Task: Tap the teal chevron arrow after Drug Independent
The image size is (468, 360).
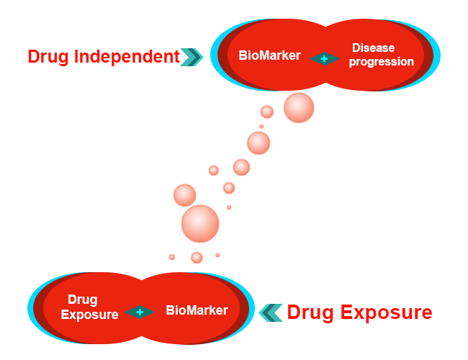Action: point(192,56)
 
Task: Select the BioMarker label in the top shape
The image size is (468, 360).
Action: point(269,55)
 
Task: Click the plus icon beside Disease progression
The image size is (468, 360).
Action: point(325,58)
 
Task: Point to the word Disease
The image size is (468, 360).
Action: point(373,48)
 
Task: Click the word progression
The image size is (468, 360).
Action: point(382,62)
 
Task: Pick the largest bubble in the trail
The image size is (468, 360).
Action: point(199,223)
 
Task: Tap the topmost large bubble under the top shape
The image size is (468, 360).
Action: point(299,108)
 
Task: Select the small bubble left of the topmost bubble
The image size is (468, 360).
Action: point(267,112)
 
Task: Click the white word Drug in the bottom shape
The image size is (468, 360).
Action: point(82,300)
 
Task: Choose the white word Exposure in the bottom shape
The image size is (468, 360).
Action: point(89,315)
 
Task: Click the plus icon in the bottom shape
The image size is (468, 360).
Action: point(140,312)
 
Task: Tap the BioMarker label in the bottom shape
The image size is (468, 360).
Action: point(197,310)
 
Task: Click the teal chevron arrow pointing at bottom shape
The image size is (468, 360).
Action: point(271,312)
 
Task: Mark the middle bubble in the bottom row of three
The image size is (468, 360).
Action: point(197,257)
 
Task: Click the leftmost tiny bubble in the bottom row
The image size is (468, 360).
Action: point(172,257)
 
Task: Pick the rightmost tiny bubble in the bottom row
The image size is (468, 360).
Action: point(217,255)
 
